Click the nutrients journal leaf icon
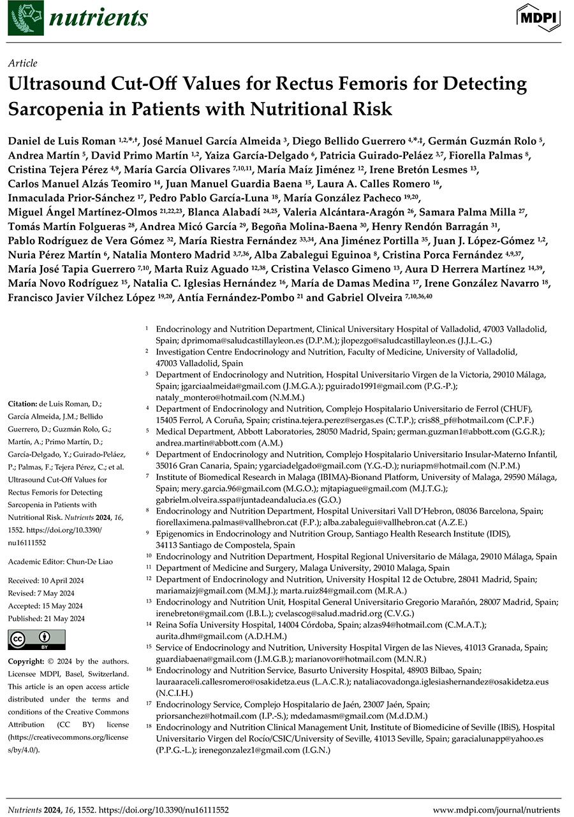click(x=23, y=18)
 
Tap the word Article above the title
click(x=22, y=63)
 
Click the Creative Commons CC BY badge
click(x=31, y=639)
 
